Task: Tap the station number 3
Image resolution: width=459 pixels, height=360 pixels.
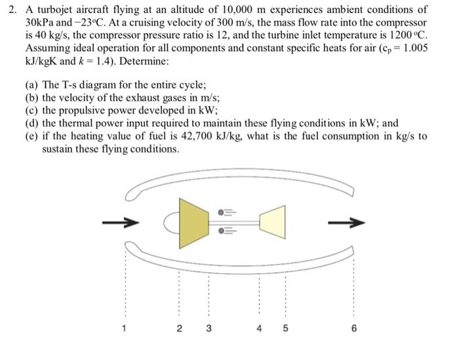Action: click(x=209, y=329)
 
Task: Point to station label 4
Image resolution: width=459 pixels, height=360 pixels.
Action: click(x=260, y=329)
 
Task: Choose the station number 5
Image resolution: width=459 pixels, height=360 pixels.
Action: click(x=285, y=329)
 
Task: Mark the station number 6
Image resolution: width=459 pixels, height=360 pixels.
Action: click(x=353, y=329)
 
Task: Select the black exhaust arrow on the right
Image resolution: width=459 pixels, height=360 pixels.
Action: click(x=346, y=224)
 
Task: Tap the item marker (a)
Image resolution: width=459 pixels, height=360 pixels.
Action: click(x=31, y=87)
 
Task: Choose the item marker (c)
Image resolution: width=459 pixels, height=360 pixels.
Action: click(x=31, y=111)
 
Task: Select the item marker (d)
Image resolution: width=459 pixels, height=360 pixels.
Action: click(x=31, y=123)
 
